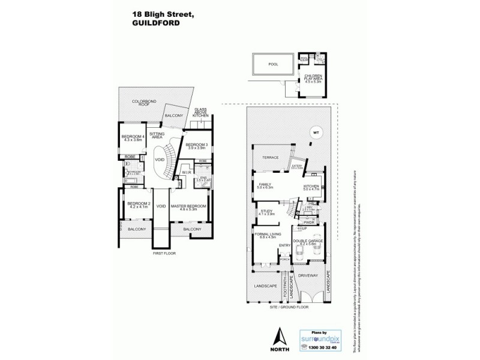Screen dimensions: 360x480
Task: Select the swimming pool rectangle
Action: [274, 64]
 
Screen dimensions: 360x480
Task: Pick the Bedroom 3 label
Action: [196, 146]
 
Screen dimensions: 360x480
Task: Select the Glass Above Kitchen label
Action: [200, 112]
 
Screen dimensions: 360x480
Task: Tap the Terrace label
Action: [268, 157]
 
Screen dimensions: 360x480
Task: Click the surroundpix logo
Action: [316, 339]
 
